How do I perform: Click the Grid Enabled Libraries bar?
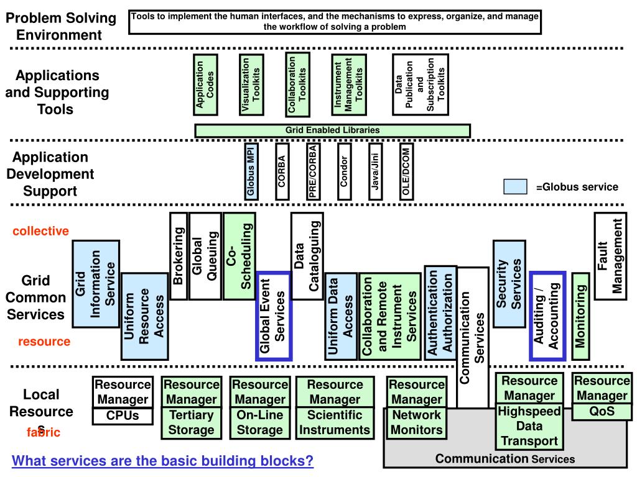tap(332, 130)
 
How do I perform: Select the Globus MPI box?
tap(251, 172)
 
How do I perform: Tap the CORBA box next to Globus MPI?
tap(282, 172)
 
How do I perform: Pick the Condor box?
tap(344, 172)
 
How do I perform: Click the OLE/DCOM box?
tap(406, 172)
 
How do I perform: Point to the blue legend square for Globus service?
tap(515, 186)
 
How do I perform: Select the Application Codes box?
tap(205, 85)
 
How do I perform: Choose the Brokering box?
tap(178, 256)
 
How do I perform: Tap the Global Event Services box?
tap(274, 316)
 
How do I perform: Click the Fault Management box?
tap(610, 256)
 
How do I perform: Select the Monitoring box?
tap(580, 316)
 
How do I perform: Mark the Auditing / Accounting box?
tap(547, 316)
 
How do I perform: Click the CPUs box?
tap(123, 416)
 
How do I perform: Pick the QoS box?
tap(602, 411)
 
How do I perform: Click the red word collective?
tap(41, 231)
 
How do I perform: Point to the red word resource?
tap(44, 342)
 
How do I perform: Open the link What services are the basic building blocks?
tap(163, 461)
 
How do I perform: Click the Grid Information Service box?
tap(96, 284)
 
